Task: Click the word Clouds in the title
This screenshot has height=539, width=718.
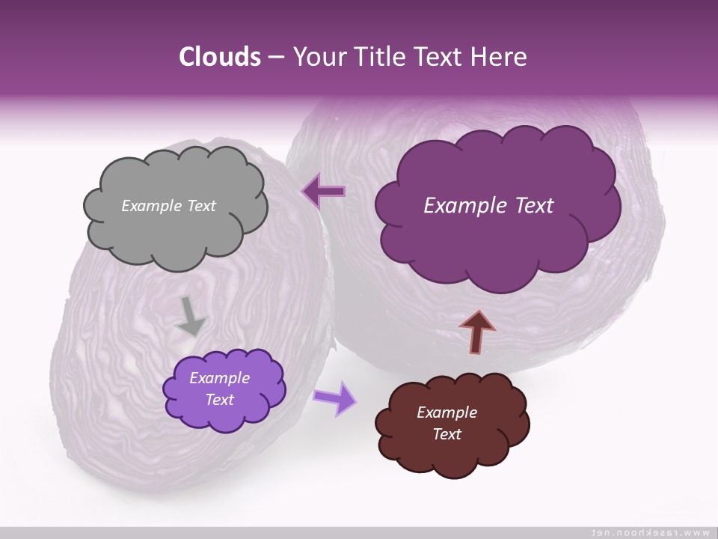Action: click(x=219, y=57)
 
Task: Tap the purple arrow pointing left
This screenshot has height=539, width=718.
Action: click(x=323, y=192)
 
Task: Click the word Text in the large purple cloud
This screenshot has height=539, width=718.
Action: click(x=528, y=206)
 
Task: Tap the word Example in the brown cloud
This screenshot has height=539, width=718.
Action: click(x=447, y=412)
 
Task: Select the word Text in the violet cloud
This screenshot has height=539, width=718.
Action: click(x=219, y=400)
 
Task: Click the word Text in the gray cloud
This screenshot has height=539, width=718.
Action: click(x=202, y=206)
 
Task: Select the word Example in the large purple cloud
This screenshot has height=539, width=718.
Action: click(x=461, y=206)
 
